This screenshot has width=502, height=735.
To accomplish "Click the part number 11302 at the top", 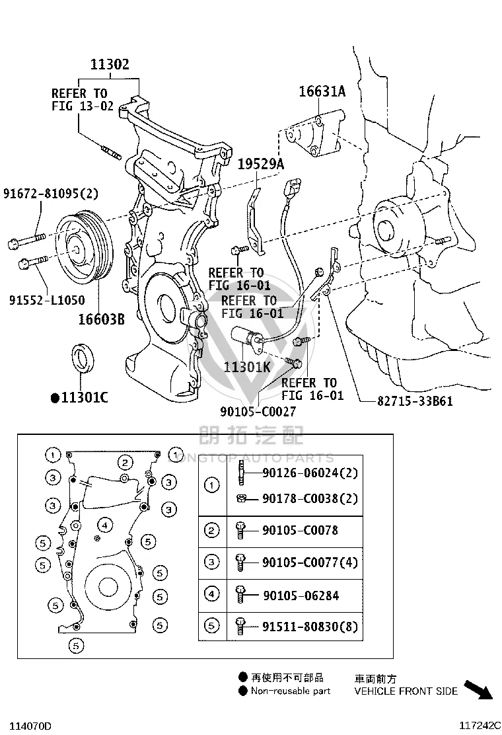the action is tap(110, 64).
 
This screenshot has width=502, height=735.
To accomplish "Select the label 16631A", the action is tap(322, 91).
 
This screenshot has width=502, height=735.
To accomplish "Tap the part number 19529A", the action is tap(261, 164).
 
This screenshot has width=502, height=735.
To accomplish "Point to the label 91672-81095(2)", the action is tap(51, 193).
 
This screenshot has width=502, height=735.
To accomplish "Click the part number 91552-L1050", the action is tap(48, 300).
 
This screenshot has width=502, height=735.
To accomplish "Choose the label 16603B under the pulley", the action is tap(101, 319).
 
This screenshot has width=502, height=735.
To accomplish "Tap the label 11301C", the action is tap(80, 397).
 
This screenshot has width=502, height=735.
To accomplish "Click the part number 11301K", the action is tap(247, 367).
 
